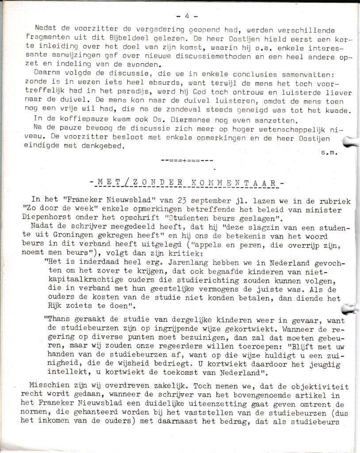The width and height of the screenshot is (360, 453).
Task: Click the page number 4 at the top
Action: pyautogui.click(x=186, y=15)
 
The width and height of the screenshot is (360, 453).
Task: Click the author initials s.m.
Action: pyautogui.click(x=330, y=153)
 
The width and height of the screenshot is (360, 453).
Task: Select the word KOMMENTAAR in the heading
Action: pyautogui.click(x=243, y=182)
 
